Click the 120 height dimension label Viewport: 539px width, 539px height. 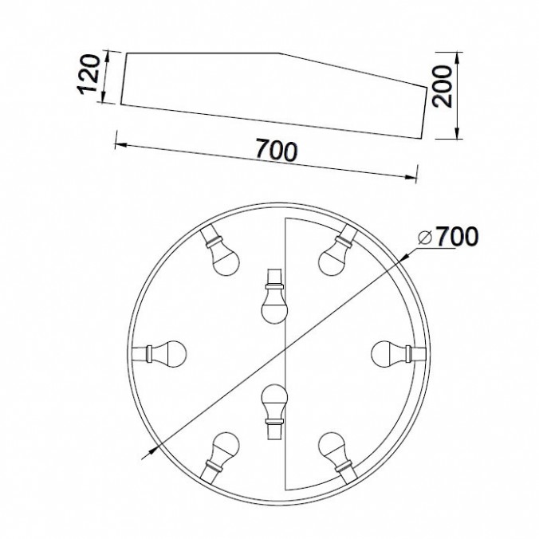pyautogui.click(x=89, y=74)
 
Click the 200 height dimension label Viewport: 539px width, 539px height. pyautogui.click(x=442, y=86)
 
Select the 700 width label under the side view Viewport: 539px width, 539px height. pyautogui.click(x=277, y=150)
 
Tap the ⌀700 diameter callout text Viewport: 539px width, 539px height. pyautogui.click(x=448, y=236)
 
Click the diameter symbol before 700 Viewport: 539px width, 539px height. pyautogui.click(x=425, y=237)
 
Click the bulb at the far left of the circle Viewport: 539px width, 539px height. pyautogui.click(x=159, y=354)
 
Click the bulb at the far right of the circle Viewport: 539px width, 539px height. pyautogui.click(x=399, y=354)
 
